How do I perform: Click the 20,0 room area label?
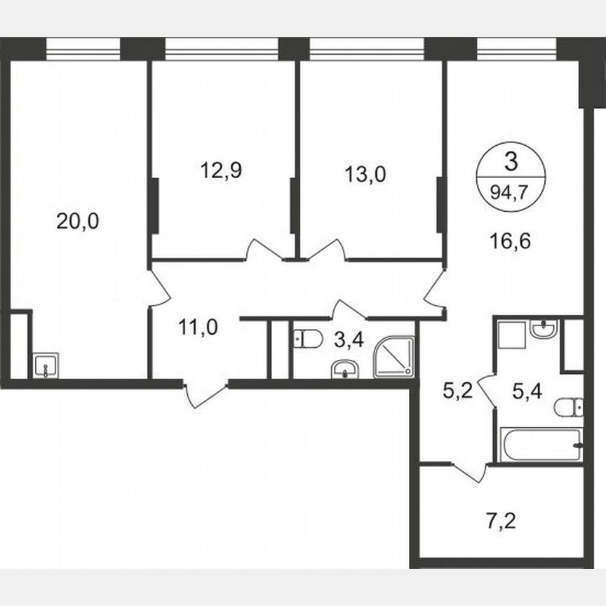tap(78, 222)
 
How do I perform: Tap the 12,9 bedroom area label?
tap(221, 170)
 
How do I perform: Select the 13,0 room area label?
tap(365, 173)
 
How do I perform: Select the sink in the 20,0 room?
tap(46, 365)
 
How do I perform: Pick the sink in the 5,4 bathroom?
tap(544, 328)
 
